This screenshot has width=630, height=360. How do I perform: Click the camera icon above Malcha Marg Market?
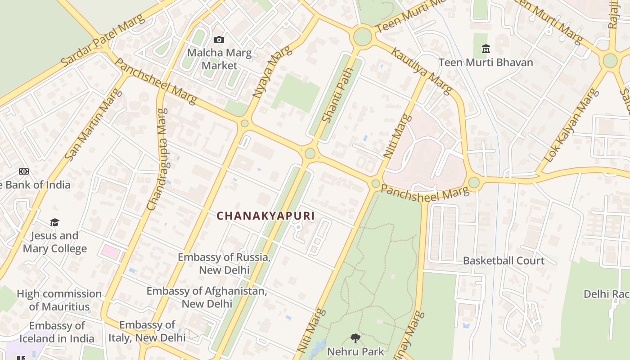click(x=219, y=40)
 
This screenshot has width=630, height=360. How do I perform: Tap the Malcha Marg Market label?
click(x=219, y=59)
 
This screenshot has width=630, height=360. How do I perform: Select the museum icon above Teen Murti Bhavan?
click(x=486, y=49)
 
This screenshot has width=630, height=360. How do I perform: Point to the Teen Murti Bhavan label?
click(x=486, y=63)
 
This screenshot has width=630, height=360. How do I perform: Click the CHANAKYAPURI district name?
click(x=265, y=216)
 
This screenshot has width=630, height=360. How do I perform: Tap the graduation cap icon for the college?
click(x=54, y=222)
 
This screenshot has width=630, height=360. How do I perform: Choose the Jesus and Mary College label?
click(x=54, y=242)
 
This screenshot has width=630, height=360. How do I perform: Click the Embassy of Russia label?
click(x=224, y=264)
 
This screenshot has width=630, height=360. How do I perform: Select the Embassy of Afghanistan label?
click(x=207, y=297)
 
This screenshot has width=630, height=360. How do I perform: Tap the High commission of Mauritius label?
click(x=59, y=300)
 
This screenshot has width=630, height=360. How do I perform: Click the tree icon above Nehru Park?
click(x=355, y=338)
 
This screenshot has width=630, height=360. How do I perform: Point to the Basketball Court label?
click(x=504, y=261)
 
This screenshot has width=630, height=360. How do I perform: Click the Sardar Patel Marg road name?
click(x=103, y=40)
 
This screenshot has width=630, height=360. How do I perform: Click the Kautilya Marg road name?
click(x=421, y=71)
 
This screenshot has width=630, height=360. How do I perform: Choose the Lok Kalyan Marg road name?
click(x=571, y=126)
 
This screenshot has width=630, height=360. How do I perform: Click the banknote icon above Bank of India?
click(x=23, y=171)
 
